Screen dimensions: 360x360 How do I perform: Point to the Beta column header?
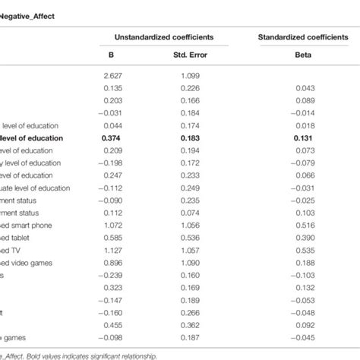click(303, 54)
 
